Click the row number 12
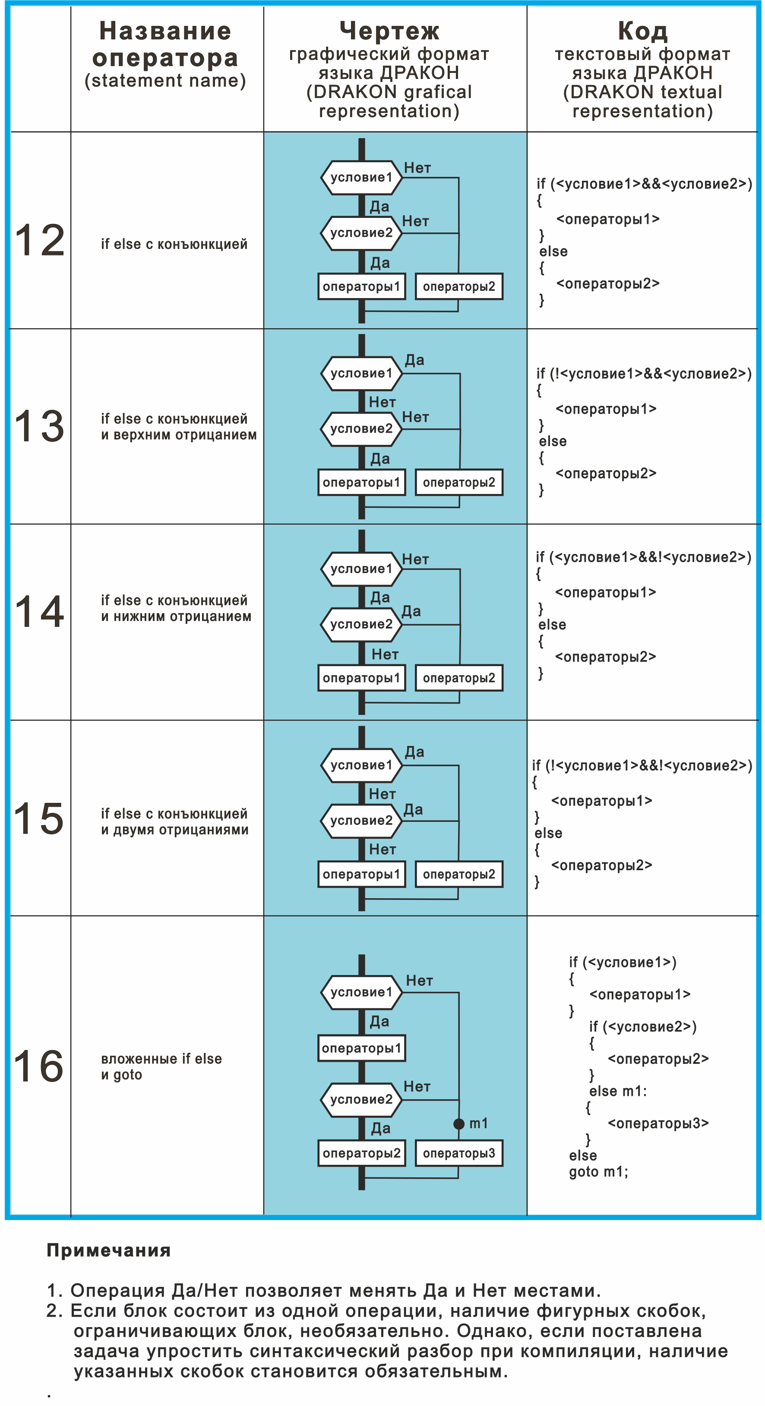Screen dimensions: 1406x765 (x=40, y=240)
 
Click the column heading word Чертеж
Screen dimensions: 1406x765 (x=389, y=31)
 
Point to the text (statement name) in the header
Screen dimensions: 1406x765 (x=165, y=81)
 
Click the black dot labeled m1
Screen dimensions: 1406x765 (x=458, y=1123)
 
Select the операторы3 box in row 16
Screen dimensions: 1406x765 (x=458, y=1153)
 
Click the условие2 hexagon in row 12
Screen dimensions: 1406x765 (x=361, y=233)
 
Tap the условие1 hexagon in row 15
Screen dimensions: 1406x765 (x=361, y=765)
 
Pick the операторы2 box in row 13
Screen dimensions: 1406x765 (x=458, y=482)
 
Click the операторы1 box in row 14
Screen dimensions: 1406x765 (x=361, y=678)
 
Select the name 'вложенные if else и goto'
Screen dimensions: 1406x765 (x=161, y=1066)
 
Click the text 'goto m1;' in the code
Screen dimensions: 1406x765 (x=598, y=1172)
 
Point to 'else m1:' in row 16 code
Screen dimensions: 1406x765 (x=618, y=1091)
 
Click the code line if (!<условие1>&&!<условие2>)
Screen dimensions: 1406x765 (x=642, y=766)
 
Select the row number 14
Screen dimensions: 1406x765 (x=39, y=611)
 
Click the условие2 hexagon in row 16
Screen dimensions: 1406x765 (x=361, y=1099)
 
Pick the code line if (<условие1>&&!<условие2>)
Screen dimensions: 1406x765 (x=643, y=557)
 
